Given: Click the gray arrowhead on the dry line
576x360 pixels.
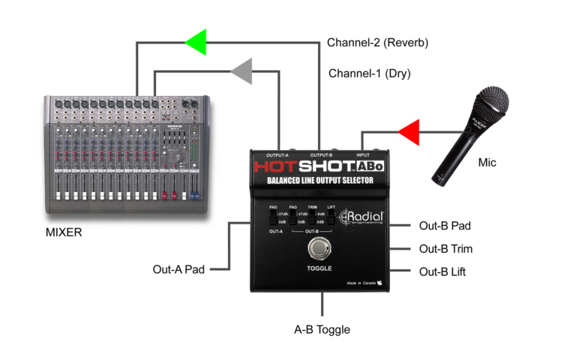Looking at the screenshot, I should pyautogui.click(x=241, y=72).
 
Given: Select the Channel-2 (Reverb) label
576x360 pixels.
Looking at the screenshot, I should pyautogui.click(x=378, y=43).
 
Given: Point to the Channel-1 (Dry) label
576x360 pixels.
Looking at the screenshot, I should pyautogui.click(x=370, y=73).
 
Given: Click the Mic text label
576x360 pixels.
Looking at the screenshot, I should pyautogui.click(x=487, y=162).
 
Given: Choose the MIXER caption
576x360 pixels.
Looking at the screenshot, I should pyautogui.click(x=64, y=232).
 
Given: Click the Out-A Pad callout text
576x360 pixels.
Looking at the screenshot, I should pyautogui.click(x=178, y=268).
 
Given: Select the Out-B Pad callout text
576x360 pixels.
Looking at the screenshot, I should pyautogui.click(x=444, y=225).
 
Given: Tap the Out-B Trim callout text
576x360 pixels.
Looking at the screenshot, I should pyautogui.click(x=445, y=248).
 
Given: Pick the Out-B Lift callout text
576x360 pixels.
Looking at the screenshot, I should pyautogui.click(x=442, y=271).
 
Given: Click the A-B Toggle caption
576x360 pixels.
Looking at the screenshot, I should pyautogui.click(x=322, y=329).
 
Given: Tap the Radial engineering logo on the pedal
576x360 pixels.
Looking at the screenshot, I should pyautogui.click(x=361, y=218).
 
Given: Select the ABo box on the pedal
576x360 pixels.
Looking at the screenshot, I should pyautogui.click(x=370, y=166).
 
